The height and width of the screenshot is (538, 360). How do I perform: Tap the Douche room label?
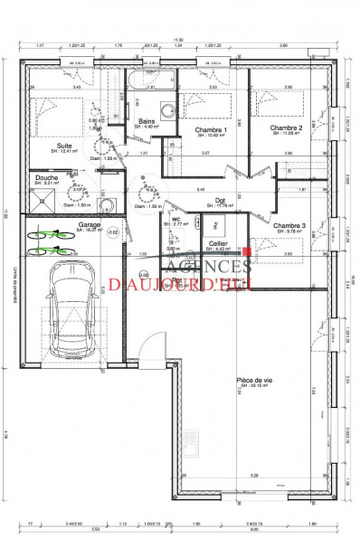pos(47,178)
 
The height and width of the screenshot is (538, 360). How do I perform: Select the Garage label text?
pos(89,224)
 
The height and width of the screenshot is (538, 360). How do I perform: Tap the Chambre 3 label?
pos(289,225)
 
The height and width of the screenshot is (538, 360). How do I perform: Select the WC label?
pos(177,219)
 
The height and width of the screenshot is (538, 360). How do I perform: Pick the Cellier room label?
pos(217,244)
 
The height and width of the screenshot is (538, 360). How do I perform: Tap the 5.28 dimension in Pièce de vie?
pos(254,475)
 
